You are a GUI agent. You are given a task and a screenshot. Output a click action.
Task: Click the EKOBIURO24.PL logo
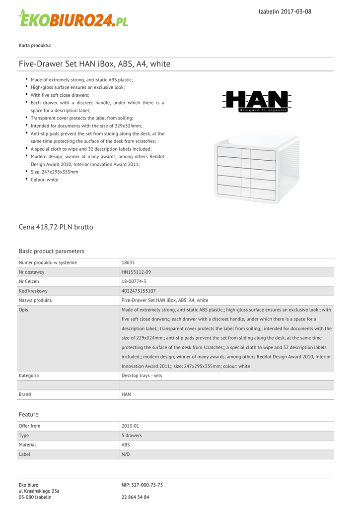[x=73, y=18]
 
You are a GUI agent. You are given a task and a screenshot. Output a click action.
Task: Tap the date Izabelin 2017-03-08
[x=285, y=11]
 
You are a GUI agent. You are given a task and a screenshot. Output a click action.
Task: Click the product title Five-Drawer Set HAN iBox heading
[x=94, y=64]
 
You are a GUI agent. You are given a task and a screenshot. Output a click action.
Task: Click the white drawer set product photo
[x=257, y=169]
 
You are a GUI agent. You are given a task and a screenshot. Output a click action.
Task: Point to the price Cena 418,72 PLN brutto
[x=56, y=227]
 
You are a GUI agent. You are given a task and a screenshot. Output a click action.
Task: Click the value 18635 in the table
[x=128, y=262]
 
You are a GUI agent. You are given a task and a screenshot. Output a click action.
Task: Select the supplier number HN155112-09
[x=136, y=272]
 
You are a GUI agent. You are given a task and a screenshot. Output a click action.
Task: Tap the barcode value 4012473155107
[x=139, y=291]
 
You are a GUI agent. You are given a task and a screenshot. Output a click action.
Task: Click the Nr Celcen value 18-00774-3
[x=134, y=281]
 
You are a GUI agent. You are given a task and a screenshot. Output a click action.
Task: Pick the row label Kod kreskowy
[x=33, y=291]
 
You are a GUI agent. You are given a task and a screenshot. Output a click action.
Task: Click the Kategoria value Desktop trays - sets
[x=142, y=376]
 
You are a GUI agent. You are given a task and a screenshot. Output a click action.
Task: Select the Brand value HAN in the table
[x=126, y=394]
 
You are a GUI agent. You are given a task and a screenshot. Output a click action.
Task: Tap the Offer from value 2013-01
[x=130, y=426]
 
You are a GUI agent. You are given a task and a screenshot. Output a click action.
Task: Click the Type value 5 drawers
[x=132, y=435]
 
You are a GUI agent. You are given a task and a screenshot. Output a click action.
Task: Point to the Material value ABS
[x=126, y=444]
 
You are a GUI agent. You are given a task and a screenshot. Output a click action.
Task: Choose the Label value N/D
[x=126, y=454]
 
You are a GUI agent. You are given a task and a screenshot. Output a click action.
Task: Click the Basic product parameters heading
[x=51, y=251]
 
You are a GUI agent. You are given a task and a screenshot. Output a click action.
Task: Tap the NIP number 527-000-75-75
[x=142, y=485]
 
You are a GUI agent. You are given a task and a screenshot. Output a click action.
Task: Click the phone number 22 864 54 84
[x=135, y=497]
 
